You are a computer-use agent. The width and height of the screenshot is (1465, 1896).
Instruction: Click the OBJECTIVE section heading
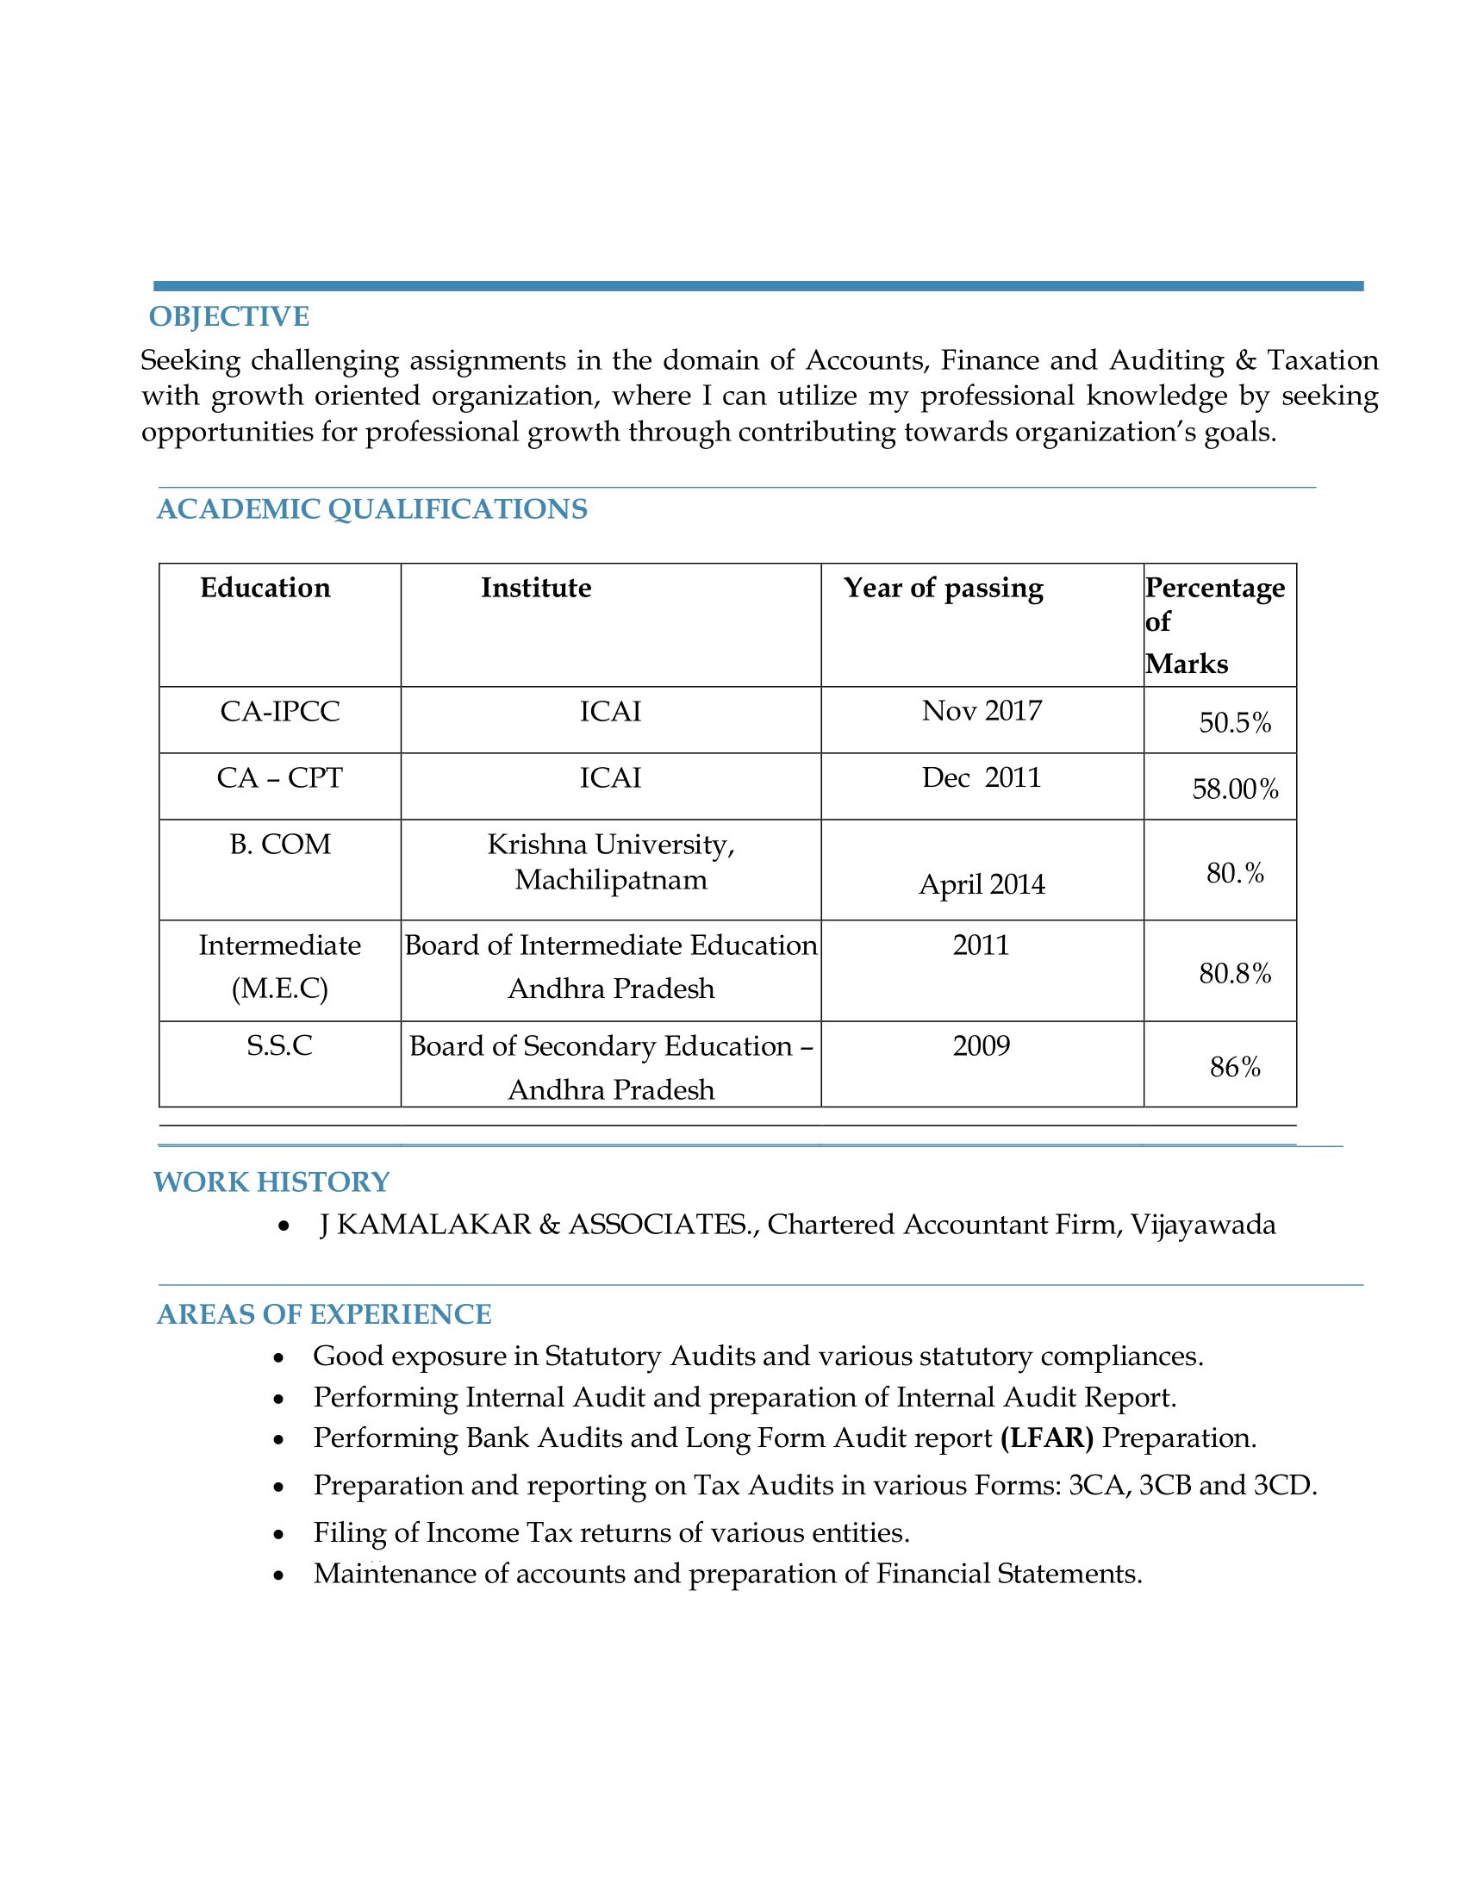pos(229,317)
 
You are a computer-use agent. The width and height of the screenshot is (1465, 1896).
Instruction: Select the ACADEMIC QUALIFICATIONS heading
pos(372,509)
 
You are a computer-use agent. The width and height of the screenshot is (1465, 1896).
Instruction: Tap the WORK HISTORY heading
pos(271,1182)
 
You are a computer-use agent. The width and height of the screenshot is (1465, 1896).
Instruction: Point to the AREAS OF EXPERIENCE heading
pos(324,1314)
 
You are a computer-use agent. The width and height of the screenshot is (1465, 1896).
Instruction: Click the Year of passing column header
pos(944,588)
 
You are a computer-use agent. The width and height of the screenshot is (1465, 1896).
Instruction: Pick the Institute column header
pos(536,588)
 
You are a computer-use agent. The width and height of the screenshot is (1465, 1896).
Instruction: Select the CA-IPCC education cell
pos(279,712)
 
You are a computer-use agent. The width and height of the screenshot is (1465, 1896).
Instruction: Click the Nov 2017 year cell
pos(982,711)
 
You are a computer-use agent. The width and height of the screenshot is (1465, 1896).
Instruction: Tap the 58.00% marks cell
pos(1235,789)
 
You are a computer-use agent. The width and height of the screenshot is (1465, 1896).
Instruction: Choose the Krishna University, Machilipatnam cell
pos(611,862)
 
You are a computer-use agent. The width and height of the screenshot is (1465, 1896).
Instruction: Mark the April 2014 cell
pos(982,884)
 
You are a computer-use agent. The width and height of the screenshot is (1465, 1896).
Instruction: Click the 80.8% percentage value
pos(1235,974)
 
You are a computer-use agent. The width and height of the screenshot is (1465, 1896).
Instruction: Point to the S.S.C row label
pos(279,1046)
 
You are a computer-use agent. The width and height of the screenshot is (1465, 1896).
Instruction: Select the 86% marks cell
pos(1235,1068)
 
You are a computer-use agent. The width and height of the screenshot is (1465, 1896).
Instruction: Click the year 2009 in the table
pos(982,1046)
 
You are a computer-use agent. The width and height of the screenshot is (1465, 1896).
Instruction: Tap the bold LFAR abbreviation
pos(1047,1438)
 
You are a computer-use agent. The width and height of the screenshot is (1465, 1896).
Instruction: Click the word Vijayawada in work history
pos(1203,1225)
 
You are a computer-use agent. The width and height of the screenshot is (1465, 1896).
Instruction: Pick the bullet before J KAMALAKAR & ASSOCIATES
pos(284,1226)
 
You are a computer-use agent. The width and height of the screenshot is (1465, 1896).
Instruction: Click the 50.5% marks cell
pos(1235,723)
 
